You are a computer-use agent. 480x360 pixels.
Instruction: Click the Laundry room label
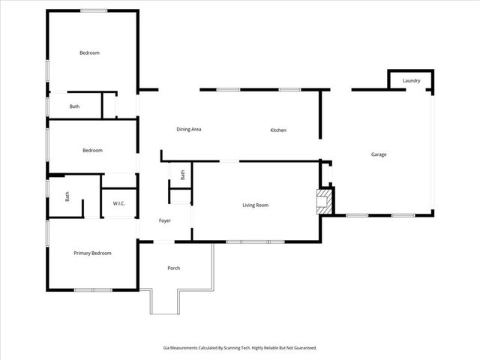pos(411,80)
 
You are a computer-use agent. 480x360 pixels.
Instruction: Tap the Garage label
pos(379,154)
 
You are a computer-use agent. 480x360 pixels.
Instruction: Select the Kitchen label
pos(278,130)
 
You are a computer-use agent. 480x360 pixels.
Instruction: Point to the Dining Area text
pos(188,129)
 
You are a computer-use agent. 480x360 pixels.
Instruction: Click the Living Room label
pos(255,205)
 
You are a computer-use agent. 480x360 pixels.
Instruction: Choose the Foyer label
pos(165,220)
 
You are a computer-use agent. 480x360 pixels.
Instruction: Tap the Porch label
pos(173,268)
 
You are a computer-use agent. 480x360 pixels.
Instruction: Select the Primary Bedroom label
pos(92,253)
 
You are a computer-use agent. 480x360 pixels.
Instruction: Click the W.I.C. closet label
pos(118,203)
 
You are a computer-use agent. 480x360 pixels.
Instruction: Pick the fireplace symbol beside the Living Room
pos(323,201)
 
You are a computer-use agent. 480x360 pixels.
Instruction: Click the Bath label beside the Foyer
pos(182,175)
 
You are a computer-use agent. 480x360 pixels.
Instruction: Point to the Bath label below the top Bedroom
pos(74,106)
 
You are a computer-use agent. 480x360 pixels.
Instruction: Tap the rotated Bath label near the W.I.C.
pos(67,197)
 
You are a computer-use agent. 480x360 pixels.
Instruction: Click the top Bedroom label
pos(90,52)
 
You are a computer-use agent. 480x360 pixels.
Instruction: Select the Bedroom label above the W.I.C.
pos(92,150)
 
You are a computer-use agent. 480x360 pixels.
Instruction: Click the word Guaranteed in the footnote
pos(304,348)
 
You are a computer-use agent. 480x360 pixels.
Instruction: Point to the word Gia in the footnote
pos(166,348)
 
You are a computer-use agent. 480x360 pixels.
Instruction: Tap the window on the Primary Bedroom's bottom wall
pos(93,289)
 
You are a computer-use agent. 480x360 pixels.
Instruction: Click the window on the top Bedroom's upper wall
pos(93,10)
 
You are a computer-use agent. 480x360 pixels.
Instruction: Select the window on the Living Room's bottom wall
pos(255,241)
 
